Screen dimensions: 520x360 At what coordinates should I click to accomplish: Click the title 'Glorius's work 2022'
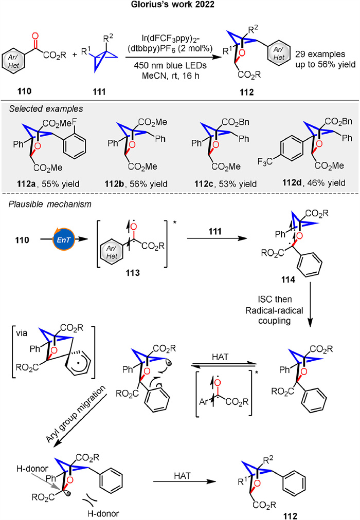tap(180, 7)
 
